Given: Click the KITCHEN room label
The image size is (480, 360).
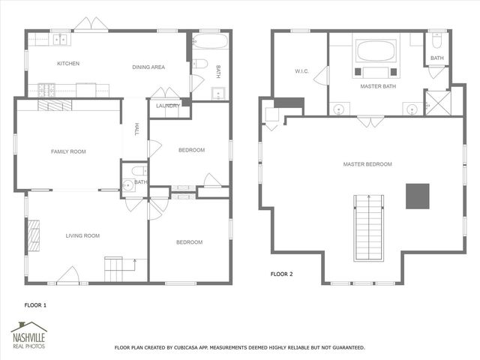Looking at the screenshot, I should (68, 64).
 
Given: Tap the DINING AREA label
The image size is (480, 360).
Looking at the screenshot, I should (148, 67).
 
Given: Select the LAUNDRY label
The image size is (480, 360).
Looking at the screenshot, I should (166, 106).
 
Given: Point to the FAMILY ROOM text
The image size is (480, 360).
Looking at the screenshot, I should (68, 151).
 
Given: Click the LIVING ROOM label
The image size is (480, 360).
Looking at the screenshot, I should (82, 235).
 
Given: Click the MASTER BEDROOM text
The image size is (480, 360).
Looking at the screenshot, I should (367, 163).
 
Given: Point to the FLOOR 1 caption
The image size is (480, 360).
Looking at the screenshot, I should (35, 305).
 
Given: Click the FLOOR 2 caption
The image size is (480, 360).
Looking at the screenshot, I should (281, 274).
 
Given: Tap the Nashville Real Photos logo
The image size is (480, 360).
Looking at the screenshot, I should (28, 335).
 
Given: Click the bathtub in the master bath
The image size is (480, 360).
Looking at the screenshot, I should (376, 52).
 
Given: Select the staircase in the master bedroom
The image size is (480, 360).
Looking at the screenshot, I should (369, 227).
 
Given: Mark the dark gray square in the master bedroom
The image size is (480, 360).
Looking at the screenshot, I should (417, 196).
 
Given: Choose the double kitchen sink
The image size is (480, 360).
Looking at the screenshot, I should (58, 39).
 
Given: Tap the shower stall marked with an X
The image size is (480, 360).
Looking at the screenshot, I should (437, 103).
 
